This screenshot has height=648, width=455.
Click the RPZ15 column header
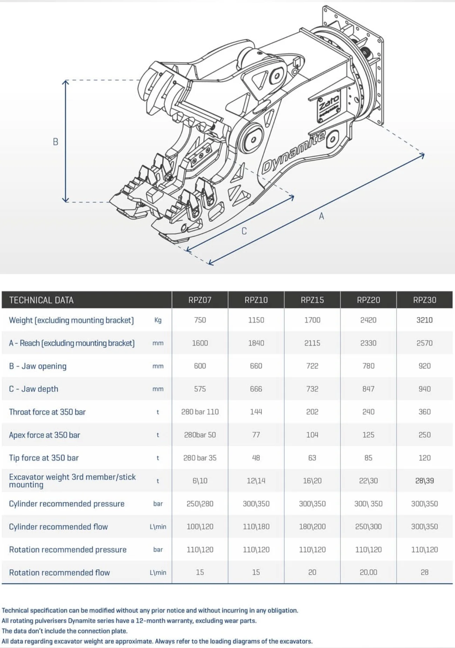[x=312, y=300]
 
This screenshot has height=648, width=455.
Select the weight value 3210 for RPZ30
[x=424, y=320]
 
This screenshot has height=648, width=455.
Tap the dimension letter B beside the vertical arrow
[x=55, y=142]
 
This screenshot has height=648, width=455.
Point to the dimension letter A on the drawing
[x=321, y=216]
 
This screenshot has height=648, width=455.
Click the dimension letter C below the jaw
[x=244, y=231]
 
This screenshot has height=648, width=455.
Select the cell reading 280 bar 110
[x=200, y=412]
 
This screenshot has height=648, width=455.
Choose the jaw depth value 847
[x=368, y=389]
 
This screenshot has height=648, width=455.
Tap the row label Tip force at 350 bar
[x=44, y=458]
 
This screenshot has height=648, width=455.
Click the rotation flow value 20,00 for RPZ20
[x=368, y=572]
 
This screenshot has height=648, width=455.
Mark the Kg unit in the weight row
[x=158, y=320]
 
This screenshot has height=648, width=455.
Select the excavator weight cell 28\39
[x=424, y=481]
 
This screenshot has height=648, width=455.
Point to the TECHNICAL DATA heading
[x=41, y=300]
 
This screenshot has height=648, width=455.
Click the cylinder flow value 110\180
[x=256, y=527]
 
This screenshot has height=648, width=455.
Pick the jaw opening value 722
[x=312, y=366]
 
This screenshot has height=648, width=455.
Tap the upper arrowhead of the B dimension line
[x=66, y=82]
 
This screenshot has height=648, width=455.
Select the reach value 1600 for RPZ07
[x=200, y=343]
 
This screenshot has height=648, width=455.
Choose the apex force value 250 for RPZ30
[x=424, y=435]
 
